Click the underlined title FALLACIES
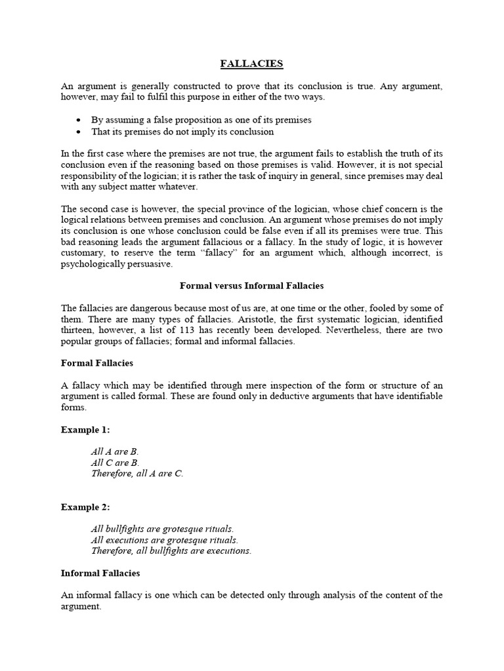[251, 64]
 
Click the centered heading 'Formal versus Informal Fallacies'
[252, 286]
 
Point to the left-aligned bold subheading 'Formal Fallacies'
[97, 362]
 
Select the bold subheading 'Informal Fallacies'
[100, 573]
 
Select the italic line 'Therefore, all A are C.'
[137, 473]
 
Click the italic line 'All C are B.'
[115, 463]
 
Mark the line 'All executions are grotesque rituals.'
[164, 540]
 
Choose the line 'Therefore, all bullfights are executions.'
[171, 550]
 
